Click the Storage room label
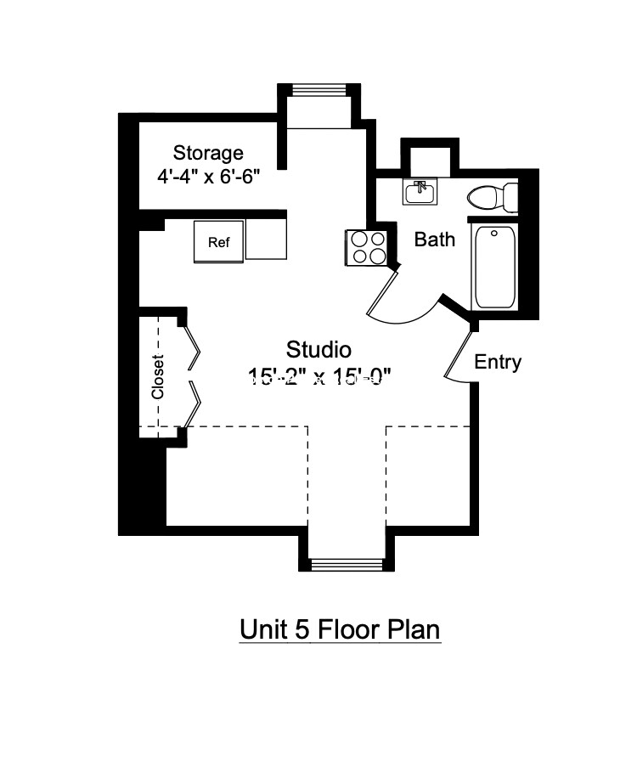(208, 153)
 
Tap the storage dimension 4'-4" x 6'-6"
(208, 177)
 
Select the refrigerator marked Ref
(219, 241)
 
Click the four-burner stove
(367, 247)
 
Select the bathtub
(494, 267)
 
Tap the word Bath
(434, 240)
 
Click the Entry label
(497, 362)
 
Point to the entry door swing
(459, 355)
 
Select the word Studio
(318, 349)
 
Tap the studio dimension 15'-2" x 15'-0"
(320, 376)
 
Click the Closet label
(158, 376)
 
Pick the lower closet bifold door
(194, 403)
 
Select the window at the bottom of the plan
(346, 564)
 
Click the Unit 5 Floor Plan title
(340, 630)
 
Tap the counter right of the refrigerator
(267, 238)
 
